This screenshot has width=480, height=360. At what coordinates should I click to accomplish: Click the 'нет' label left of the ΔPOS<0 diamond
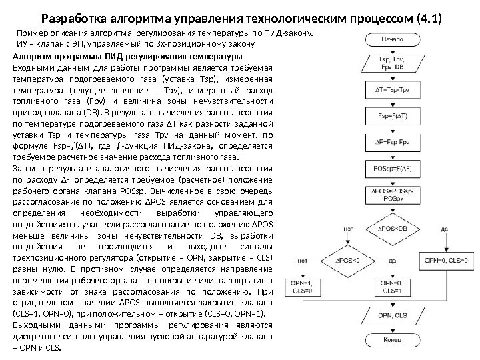pyautogui.click(x=304, y=260)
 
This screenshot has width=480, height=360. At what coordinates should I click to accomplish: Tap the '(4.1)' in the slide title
pyautogui.click(x=428, y=17)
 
